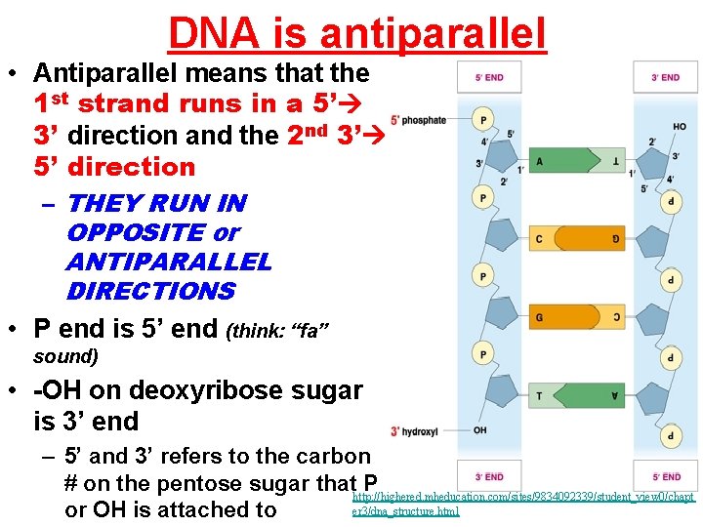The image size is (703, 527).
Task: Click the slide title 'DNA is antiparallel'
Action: pyautogui.click(x=357, y=32)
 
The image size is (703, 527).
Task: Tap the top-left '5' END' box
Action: pyautogui.click(x=488, y=77)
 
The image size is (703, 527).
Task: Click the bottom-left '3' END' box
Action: pyautogui.click(x=488, y=476)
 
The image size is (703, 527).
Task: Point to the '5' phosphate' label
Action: pyautogui.click(x=418, y=120)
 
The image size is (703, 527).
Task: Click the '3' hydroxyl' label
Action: pyautogui.click(x=416, y=430)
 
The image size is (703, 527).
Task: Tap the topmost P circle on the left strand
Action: pyautogui.click(x=481, y=119)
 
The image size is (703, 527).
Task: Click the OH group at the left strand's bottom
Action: pyautogui.click(x=479, y=430)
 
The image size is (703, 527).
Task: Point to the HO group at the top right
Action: pyautogui.click(x=679, y=127)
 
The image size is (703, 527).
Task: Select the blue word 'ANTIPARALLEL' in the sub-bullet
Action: pyautogui.click(x=169, y=263)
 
